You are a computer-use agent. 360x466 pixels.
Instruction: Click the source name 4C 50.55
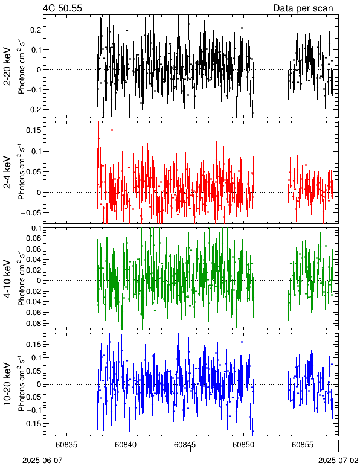(x=62, y=8)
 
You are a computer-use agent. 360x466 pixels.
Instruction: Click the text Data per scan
(x=303, y=8)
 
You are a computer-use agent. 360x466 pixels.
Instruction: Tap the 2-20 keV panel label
(x=8, y=66)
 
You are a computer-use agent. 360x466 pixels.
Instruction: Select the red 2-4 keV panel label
(x=8, y=173)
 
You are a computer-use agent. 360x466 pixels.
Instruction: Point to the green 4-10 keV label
(x=8, y=279)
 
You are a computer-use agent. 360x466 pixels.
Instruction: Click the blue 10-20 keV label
(x=8, y=384)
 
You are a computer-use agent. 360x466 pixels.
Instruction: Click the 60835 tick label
(x=66, y=445)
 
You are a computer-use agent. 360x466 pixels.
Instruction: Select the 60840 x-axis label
(x=126, y=445)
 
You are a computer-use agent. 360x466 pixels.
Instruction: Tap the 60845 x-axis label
(x=185, y=445)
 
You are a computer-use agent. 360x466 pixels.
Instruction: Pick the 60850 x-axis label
(x=244, y=445)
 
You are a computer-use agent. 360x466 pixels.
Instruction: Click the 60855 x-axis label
(x=303, y=445)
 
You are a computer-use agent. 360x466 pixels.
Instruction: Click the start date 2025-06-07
(x=42, y=461)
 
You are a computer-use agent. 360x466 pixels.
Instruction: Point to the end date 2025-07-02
(x=338, y=461)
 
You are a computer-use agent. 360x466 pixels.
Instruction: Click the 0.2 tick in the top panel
(x=35, y=30)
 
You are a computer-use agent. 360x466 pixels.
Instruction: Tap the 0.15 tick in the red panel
(x=33, y=130)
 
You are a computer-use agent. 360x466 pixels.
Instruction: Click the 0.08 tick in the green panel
(x=33, y=238)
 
